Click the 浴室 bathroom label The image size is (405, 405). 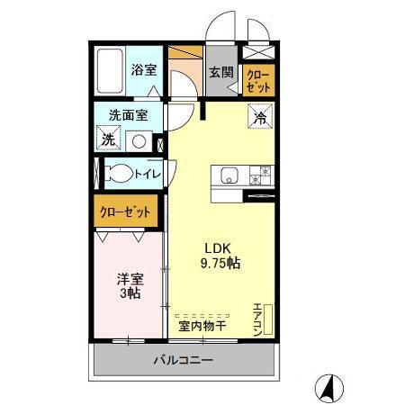point(142,69)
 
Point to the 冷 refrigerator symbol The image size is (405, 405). point(258,116)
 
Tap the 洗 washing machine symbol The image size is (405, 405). point(108,139)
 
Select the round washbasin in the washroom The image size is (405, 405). point(139,140)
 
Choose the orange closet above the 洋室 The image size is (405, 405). point(125,213)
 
